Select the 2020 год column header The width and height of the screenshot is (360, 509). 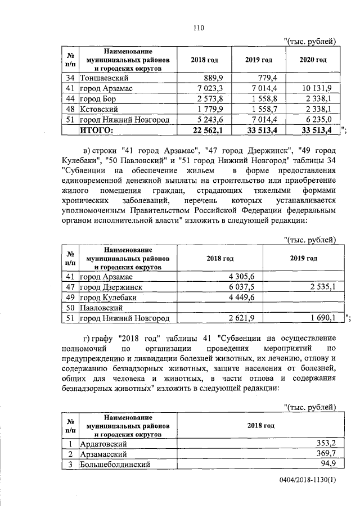(x=313, y=60)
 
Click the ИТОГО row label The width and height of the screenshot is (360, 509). (x=97, y=130)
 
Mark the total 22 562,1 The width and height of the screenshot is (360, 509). (x=209, y=130)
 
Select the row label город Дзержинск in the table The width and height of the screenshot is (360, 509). (x=110, y=287)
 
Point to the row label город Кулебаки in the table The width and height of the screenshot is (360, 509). (x=107, y=298)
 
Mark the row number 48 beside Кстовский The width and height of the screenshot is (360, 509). (x=70, y=109)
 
